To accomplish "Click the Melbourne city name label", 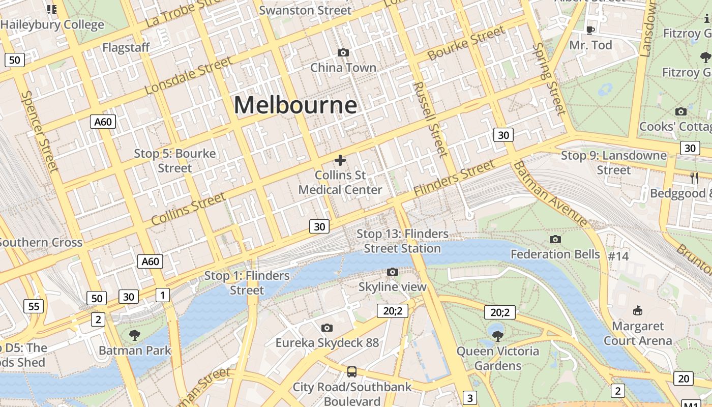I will [295, 105].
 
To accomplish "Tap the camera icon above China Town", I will [343, 53].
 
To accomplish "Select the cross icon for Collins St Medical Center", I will [340, 161].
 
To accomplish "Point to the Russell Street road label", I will [430, 120].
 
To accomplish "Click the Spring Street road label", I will [549, 79].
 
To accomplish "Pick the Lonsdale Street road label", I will [188, 76].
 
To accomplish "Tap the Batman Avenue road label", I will [550, 194].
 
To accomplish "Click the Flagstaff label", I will [126, 48].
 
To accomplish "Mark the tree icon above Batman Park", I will [135, 335].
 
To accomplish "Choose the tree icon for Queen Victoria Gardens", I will [498, 335].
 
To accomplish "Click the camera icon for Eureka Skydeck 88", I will [327, 328].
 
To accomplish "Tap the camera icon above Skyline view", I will [392, 272].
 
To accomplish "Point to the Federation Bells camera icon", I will [555, 239].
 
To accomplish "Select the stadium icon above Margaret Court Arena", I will [637, 310].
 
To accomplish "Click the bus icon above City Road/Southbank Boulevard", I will [351, 371].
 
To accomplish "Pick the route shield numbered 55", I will [34, 306].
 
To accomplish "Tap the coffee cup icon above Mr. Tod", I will [590, 30].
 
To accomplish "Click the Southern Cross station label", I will [41, 242].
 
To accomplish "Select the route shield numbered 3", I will [470, 398].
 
